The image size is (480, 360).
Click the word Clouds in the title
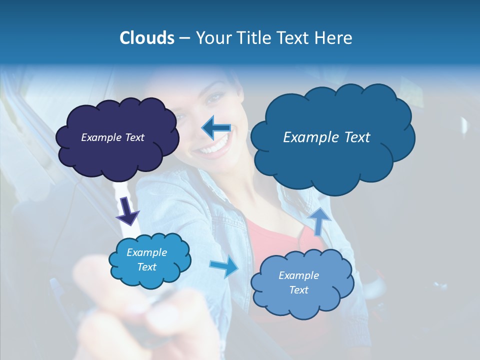pos(146,38)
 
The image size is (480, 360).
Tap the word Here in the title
pos(333,38)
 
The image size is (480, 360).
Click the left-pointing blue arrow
pos(216,128)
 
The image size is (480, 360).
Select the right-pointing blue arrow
pos(224,267)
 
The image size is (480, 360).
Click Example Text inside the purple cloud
pos(112,137)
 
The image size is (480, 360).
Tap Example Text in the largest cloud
pos(326,137)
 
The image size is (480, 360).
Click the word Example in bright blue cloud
pos(147,252)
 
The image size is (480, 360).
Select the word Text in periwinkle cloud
pos(299,290)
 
